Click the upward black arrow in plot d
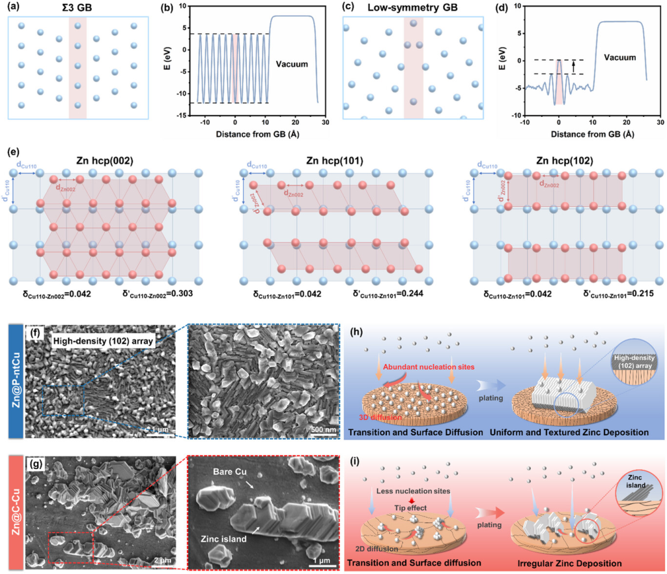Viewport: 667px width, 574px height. click(573, 67)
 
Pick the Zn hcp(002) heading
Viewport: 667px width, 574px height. click(107, 160)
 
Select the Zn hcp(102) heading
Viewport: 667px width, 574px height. click(565, 160)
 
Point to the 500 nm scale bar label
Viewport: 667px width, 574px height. click(324, 429)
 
